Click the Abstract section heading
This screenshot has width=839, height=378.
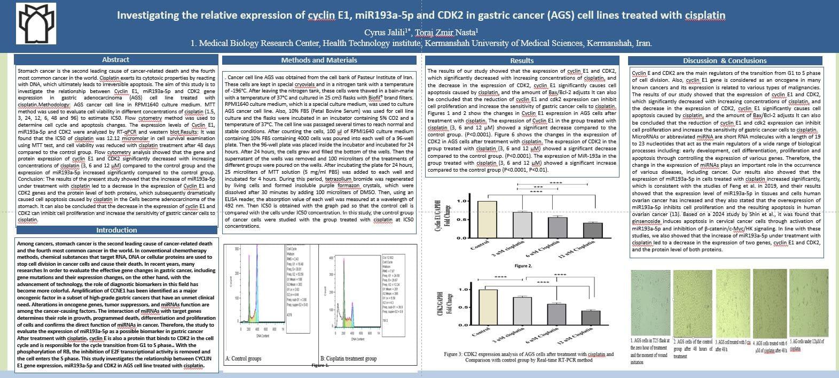point(115,60)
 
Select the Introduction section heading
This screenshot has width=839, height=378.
point(116,230)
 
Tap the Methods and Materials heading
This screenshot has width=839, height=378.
point(319,60)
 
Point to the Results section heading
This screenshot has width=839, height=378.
point(522,60)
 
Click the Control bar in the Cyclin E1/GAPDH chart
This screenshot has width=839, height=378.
point(487,219)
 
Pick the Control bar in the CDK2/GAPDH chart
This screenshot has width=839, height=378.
point(488,307)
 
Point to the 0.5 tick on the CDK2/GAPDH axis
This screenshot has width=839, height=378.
point(464,307)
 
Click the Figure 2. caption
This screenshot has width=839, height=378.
point(523,266)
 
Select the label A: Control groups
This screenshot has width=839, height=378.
point(243,359)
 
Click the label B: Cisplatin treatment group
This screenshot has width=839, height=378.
point(349,359)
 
